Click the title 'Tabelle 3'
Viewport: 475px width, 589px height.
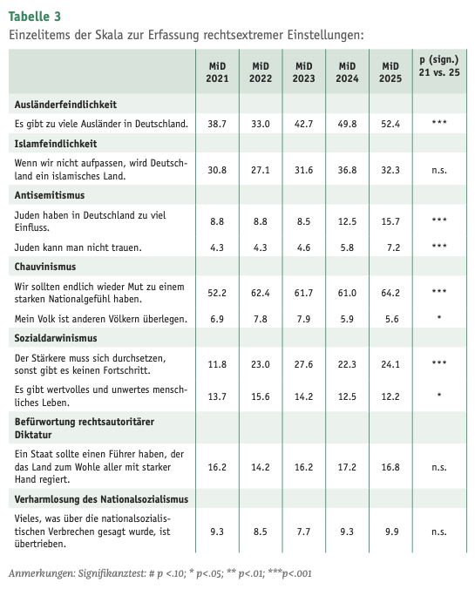click(35, 17)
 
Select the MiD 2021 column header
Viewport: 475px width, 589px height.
click(217, 72)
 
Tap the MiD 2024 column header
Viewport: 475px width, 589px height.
click(347, 72)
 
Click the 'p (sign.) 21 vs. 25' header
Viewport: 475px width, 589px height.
click(438, 65)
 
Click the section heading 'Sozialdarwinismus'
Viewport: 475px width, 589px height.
click(56, 337)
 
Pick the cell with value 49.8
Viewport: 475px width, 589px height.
click(347, 124)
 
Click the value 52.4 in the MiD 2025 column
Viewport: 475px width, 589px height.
click(390, 124)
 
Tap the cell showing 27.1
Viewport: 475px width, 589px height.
click(261, 169)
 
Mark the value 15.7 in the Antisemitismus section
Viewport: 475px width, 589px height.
click(390, 220)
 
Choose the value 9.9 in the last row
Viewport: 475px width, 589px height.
click(390, 530)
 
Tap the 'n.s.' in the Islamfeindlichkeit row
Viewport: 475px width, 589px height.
click(438, 169)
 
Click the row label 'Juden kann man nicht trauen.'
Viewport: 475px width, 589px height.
click(79, 247)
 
